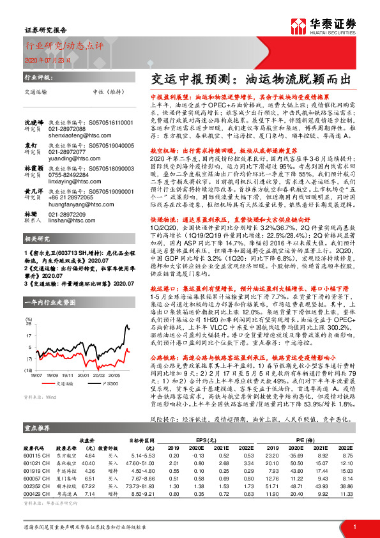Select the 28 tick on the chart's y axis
(x=28, y=323)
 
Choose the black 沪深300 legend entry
(x=110, y=384)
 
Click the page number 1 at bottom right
(x=354, y=527)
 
